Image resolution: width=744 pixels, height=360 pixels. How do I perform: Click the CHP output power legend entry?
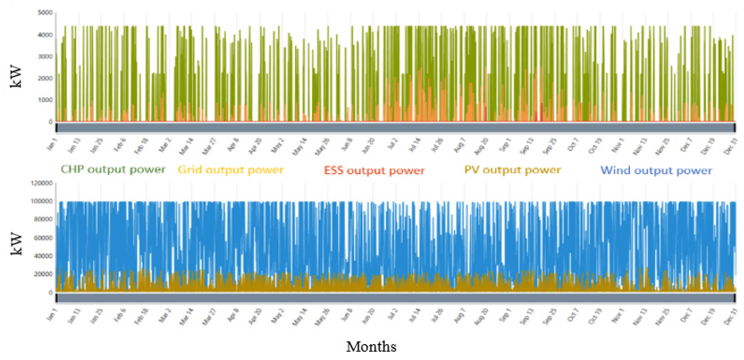pos(113,170)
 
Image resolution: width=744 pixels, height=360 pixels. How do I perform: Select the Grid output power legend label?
pos(230,170)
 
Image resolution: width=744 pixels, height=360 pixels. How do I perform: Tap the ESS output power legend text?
pos(374,170)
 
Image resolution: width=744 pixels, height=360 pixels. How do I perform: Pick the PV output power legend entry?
pos(512,170)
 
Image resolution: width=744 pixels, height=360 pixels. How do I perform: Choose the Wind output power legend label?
pos(656,170)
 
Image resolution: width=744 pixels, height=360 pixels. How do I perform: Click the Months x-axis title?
pos(371,346)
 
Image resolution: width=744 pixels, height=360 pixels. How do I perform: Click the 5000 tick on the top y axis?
pos(45,12)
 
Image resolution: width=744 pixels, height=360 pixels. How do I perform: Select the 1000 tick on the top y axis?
pos(45,100)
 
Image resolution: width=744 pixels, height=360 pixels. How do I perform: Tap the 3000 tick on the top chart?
pos(45,56)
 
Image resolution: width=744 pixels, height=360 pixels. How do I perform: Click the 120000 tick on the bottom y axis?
pos(42,183)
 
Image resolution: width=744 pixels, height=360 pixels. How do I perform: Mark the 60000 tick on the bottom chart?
pos(43,238)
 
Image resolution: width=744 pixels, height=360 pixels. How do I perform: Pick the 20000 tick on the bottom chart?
pos(43,274)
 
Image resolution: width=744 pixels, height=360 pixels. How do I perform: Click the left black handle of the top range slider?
pos(56,128)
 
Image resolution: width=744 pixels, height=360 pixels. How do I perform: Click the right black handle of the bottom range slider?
pos(734,298)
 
